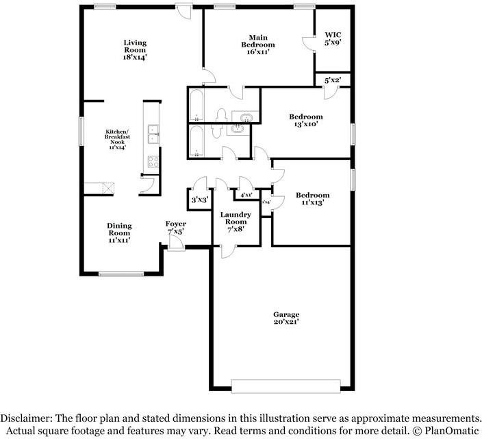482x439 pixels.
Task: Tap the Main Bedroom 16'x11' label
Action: click(257, 45)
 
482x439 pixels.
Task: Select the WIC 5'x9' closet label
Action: click(333, 38)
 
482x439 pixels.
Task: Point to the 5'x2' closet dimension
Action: click(332, 80)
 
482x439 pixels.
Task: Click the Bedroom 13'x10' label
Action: click(305, 121)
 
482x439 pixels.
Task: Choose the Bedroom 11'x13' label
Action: click(312, 199)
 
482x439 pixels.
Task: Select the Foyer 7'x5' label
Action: click(176, 228)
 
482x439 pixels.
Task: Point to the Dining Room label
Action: click(118, 233)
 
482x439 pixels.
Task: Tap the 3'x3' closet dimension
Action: click(199, 200)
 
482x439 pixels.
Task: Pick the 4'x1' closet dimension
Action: click(246, 195)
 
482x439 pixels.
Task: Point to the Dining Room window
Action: click(121, 274)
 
